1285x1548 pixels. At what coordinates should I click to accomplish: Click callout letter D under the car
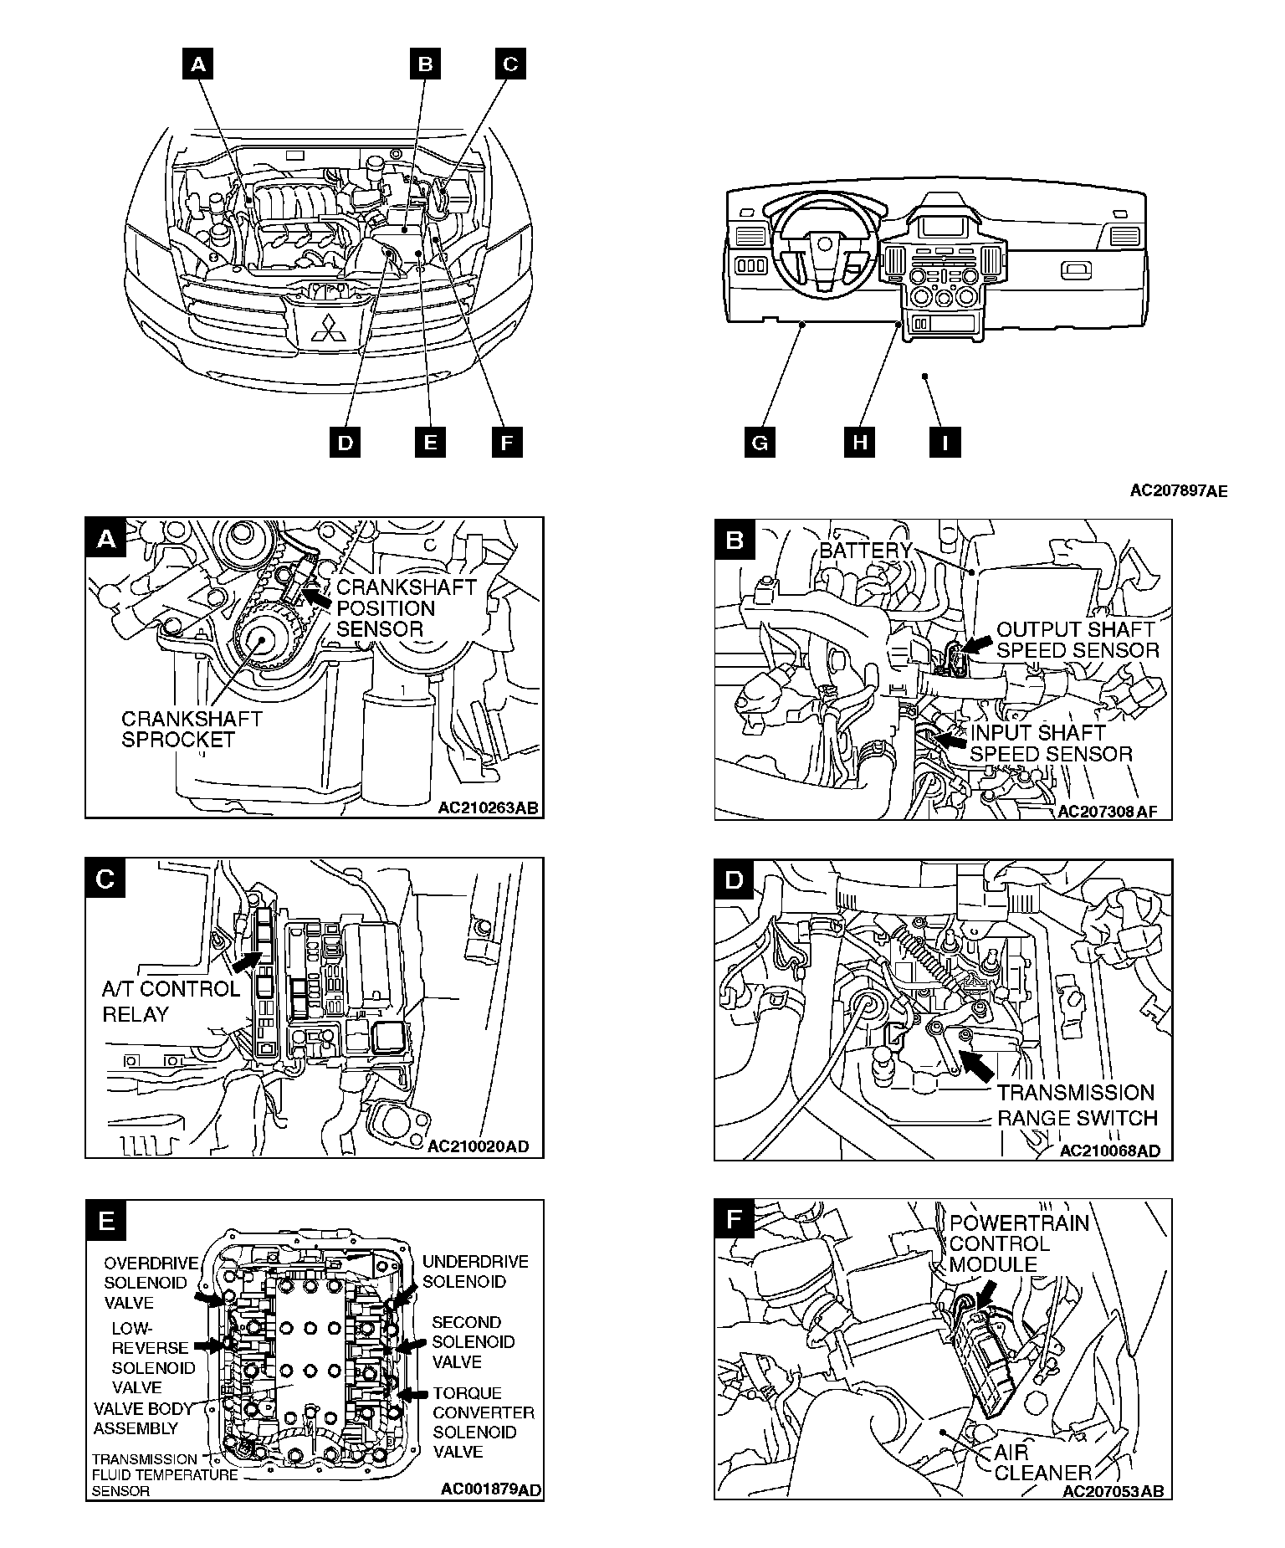pyautogui.click(x=345, y=442)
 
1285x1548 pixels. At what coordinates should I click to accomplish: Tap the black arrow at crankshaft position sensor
pyautogui.click(x=315, y=597)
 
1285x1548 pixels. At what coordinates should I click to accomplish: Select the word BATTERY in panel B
pyautogui.click(x=866, y=551)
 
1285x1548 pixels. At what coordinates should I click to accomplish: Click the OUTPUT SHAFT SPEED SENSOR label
pyautogui.click(x=1078, y=640)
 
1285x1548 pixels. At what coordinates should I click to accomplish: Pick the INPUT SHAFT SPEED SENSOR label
pyautogui.click(x=1050, y=744)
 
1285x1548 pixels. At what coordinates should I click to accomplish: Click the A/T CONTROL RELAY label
pyautogui.click(x=171, y=1002)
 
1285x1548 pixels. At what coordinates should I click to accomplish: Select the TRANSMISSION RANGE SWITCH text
pyautogui.click(x=1077, y=1105)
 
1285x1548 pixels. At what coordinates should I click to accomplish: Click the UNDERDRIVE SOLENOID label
pyautogui.click(x=475, y=1272)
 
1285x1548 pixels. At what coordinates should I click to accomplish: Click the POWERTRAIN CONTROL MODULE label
pyautogui.click(x=1018, y=1244)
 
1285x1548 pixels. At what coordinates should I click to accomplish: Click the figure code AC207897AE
pyautogui.click(x=1178, y=491)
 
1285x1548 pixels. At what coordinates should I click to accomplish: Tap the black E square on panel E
pyautogui.click(x=107, y=1221)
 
